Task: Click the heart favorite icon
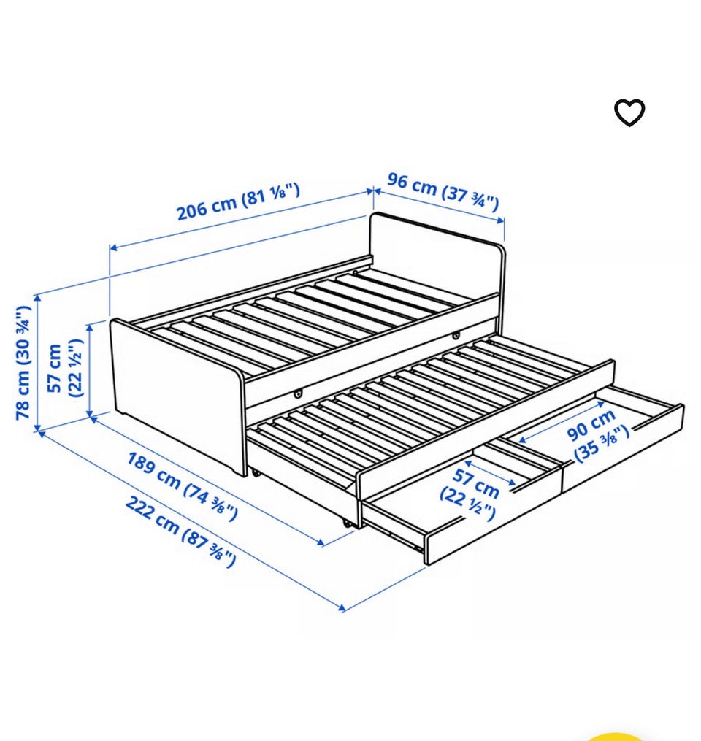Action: tap(629, 112)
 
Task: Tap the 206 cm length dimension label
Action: tap(238, 201)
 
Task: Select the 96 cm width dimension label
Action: tap(443, 191)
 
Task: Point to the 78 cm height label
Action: tap(23, 362)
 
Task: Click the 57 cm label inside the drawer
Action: tap(470, 494)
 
